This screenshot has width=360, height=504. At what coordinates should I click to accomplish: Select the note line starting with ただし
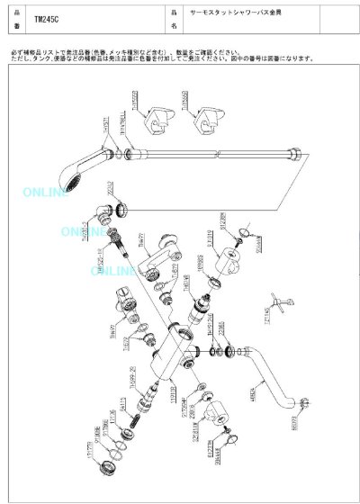coord(162,60)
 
